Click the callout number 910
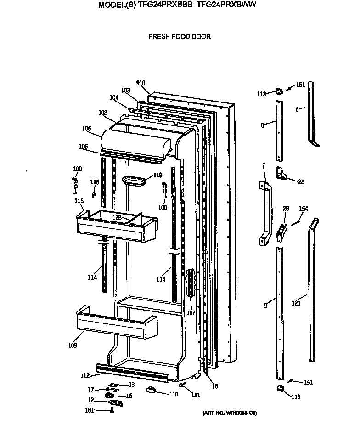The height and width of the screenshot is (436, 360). click(x=141, y=83)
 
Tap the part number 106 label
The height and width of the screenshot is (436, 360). click(x=86, y=129)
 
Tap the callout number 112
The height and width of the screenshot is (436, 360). click(x=85, y=375)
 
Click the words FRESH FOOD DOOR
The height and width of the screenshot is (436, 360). click(x=180, y=37)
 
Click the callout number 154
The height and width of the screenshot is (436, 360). click(x=304, y=209)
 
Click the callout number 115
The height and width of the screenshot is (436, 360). click(x=79, y=201)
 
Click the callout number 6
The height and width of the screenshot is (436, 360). click(x=297, y=109)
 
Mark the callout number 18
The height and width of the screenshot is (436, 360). click(x=215, y=386)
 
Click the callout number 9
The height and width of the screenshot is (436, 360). click(x=265, y=305)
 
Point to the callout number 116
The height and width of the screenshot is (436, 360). click(x=95, y=182)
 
